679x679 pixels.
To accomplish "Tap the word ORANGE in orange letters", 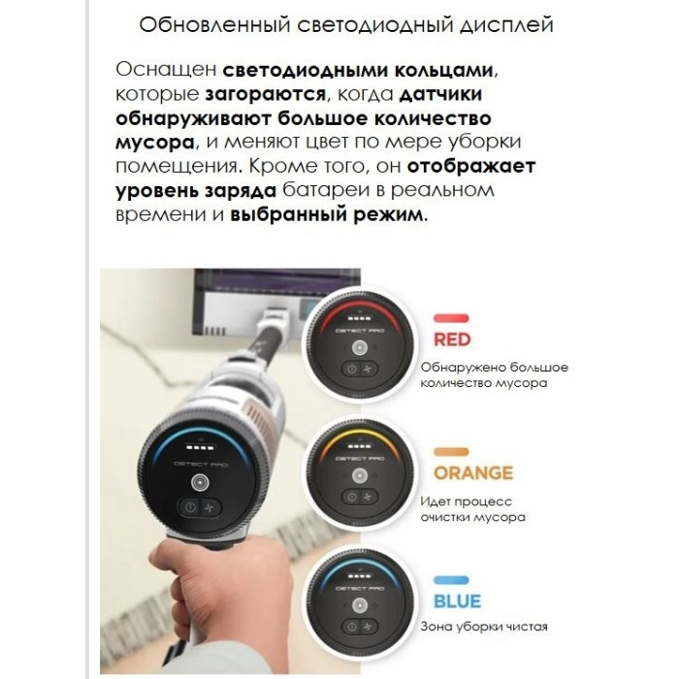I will [x=472, y=473].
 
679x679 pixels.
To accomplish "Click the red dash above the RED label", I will [x=453, y=316].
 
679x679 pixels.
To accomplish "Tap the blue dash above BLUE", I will [x=453, y=580].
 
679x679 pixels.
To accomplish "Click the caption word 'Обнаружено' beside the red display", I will [x=465, y=368].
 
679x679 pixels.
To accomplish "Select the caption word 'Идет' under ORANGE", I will [x=437, y=501].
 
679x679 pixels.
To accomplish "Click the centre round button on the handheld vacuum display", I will [x=200, y=482].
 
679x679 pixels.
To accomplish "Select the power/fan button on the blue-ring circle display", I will [x=359, y=631].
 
